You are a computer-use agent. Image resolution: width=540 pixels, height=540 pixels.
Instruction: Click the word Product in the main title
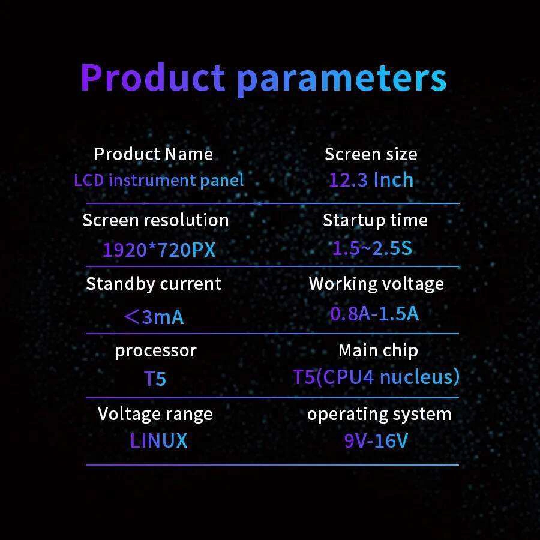click(152, 77)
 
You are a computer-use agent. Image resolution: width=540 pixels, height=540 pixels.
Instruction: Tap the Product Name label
click(154, 154)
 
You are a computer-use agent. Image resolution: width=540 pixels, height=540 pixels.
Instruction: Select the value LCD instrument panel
click(159, 180)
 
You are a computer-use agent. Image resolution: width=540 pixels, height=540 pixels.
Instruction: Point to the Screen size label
click(371, 154)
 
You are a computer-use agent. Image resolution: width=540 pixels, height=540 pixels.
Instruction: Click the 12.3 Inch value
click(371, 179)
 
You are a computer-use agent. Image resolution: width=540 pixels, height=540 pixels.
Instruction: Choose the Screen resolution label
click(155, 220)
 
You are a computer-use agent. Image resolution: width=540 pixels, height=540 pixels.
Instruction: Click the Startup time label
click(375, 220)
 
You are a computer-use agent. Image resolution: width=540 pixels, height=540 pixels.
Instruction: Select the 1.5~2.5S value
click(372, 248)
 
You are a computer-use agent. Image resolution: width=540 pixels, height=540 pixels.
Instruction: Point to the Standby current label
click(154, 284)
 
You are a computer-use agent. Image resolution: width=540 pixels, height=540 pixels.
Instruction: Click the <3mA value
click(154, 317)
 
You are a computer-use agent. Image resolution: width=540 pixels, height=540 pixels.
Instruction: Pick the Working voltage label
click(376, 284)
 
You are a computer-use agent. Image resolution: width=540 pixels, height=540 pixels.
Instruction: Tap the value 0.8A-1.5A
click(374, 313)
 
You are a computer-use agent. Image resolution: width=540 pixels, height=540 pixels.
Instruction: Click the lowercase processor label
click(156, 351)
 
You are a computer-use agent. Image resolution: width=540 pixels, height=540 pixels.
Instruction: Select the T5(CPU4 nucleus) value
click(376, 377)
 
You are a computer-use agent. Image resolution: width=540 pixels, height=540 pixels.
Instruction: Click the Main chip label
click(378, 350)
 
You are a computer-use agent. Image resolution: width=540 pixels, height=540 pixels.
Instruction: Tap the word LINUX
click(159, 440)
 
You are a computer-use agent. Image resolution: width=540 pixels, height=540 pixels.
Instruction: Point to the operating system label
click(379, 414)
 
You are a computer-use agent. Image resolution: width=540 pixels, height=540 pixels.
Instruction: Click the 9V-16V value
click(376, 440)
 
